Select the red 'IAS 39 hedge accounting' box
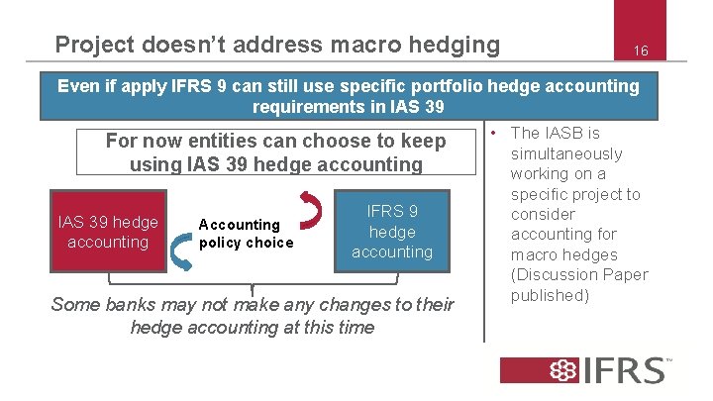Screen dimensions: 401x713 pos(108,232)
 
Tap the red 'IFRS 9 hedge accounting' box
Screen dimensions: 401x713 pos(392,232)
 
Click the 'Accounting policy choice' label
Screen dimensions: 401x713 pos(246,234)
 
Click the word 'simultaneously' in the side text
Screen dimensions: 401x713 pos(566,153)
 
